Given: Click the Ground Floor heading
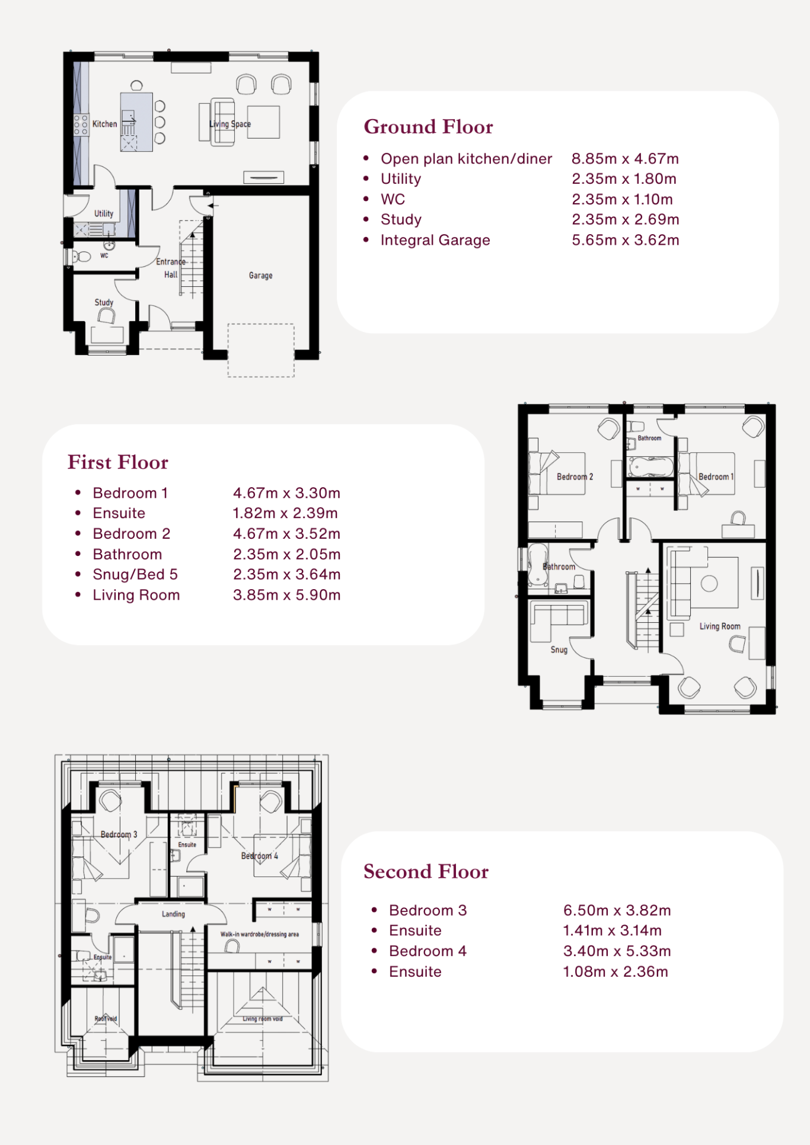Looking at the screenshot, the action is [x=428, y=127].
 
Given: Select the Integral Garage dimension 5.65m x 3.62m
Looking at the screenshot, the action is [x=626, y=240].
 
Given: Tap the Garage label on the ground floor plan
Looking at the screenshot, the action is [x=261, y=276].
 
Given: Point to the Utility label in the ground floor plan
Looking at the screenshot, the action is [x=104, y=213].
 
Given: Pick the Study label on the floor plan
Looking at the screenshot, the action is [x=104, y=302].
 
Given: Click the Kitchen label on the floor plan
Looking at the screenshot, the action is [x=104, y=124].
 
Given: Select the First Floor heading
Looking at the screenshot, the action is [x=118, y=462].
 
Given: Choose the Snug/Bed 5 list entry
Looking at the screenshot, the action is [x=135, y=574].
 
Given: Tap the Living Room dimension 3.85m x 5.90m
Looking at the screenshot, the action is [x=287, y=595].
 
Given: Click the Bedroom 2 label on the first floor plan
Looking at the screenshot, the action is [x=575, y=476].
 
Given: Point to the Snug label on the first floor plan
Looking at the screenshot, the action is [x=559, y=650].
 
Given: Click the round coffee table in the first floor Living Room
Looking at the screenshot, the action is [x=709, y=583].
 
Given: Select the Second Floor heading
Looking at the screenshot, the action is [x=426, y=872].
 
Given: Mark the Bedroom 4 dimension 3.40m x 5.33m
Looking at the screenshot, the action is [x=617, y=951].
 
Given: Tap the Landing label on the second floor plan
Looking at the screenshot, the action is [x=173, y=914].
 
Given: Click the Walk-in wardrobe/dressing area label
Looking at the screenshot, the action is [x=260, y=934].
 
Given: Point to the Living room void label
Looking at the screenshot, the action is [x=263, y=1019].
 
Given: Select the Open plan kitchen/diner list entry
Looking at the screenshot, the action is [x=466, y=159].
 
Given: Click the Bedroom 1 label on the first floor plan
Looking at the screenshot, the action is [x=716, y=476].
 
